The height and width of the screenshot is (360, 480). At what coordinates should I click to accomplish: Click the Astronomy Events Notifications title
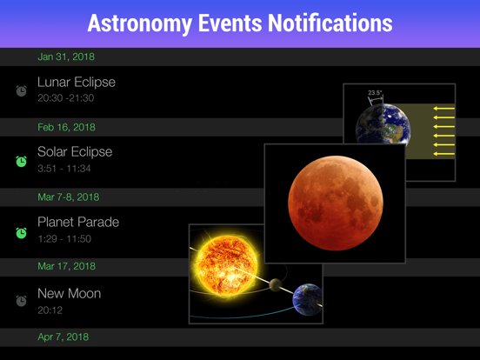[240, 23]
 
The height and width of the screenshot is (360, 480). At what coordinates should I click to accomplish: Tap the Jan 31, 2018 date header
[66, 57]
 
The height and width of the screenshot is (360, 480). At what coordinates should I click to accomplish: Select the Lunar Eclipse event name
[76, 83]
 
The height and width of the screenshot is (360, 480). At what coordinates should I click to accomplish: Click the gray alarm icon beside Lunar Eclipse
[21, 90]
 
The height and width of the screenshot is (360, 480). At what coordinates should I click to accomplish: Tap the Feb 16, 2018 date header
[67, 127]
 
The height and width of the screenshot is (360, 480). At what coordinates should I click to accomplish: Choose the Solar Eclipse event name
[75, 152]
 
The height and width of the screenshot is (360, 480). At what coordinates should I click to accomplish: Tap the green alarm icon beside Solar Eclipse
[21, 161]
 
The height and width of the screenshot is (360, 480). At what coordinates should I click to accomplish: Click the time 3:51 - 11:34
[63, 169]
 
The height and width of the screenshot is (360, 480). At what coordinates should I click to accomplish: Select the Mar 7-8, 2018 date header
[69, 197]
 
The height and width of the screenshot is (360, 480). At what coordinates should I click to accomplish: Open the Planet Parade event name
[78, 223]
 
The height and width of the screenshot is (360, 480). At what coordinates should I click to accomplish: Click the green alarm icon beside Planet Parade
[21, 232]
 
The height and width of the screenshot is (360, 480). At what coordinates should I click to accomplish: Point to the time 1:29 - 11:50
[64, 239]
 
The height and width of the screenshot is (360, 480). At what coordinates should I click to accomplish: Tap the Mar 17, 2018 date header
[67, 267]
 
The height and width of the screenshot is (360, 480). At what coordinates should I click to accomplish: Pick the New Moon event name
[69, 293]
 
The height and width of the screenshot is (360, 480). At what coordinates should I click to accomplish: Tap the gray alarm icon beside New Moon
[21, 301]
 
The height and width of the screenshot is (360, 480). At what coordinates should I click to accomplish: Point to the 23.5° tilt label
[376, 92]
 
